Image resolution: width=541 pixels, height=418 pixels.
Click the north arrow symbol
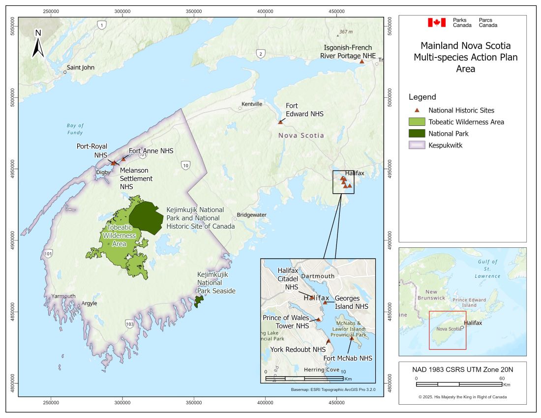(38, 43)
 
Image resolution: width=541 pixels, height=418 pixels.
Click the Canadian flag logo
(436, 22)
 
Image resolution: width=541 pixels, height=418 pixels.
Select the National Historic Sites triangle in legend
(417, 111)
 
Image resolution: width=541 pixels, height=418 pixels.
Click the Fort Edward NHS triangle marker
(280, 122)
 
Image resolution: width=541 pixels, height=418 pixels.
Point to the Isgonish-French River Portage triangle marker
(361, 61)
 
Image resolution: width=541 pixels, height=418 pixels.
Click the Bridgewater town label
(251, 215)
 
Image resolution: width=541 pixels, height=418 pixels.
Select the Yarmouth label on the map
(63, 296)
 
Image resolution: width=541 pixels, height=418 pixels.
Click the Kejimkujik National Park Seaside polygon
(199, 301)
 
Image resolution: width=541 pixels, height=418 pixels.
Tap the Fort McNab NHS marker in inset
(352, 338)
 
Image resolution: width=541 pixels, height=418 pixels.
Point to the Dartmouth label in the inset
(317, 276)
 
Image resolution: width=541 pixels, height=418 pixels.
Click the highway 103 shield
(129, 324)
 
